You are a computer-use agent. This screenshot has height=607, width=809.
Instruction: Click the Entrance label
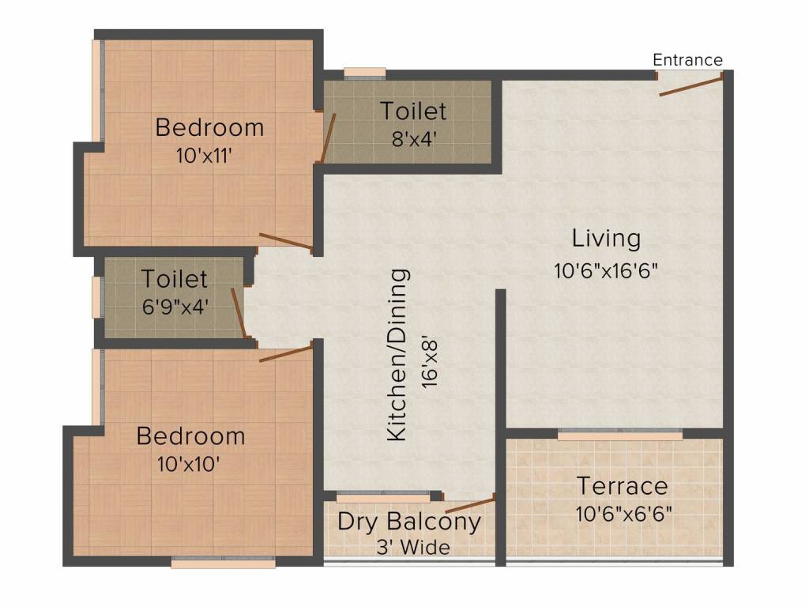pyautogui.click(x=687, y=60)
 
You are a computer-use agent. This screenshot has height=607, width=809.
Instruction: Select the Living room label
pyautogui.click(x=606, y=238)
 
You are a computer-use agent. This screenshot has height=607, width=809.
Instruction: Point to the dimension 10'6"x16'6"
pyautogui.click(x=606, y=270)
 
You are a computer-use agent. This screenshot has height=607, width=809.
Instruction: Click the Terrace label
pyautogui.click(x=622, y=485)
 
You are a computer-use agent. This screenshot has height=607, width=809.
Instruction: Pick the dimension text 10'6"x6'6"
pyautogui.click(x=623, y=514)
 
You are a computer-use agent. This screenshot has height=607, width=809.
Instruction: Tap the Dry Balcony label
pyautogui.click(x=408, y=522)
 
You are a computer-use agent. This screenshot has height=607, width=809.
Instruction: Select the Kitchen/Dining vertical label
pyautogui.click(x=399, y=355)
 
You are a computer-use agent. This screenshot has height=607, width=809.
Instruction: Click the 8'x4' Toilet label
pyautogui.click(x=413, y=111)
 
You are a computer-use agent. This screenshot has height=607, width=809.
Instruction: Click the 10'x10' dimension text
pyautogui.click(x=188, y=463)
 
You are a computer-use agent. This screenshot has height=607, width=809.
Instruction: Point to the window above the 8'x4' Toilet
pyautogui.click(x=364, y=73)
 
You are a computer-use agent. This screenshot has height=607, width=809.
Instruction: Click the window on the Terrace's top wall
pyautogui.click(x=619, y=435)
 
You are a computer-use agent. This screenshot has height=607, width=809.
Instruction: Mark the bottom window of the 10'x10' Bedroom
pyautogui.click(x=224, y=564)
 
